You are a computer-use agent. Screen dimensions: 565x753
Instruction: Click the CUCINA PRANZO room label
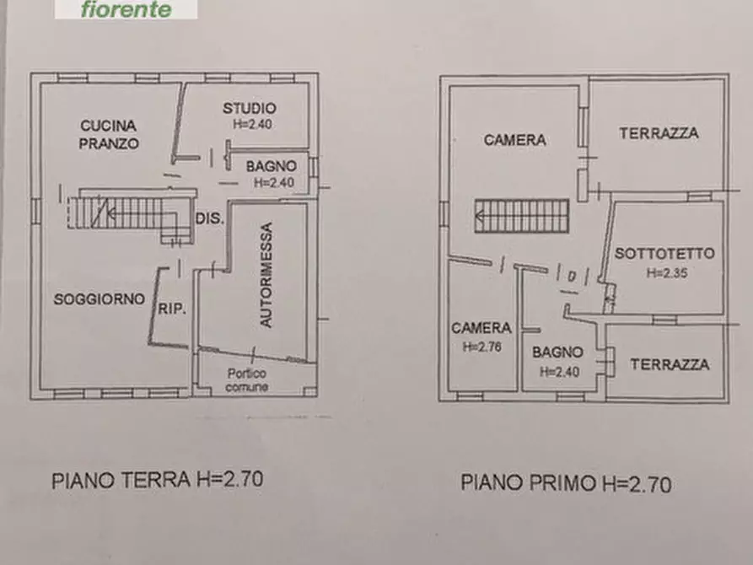pos(109,134)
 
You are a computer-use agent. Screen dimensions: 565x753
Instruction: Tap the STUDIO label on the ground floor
pos(249,108)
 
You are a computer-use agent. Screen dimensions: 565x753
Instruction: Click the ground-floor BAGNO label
pos(271,166)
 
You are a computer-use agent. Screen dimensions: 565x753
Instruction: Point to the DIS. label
pos(209,218)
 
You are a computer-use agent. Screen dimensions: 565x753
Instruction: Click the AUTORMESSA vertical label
pos(266,275)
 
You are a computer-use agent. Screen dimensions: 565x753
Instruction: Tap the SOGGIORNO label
pos(100,299)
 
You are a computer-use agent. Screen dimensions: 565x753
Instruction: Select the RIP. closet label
pos(172,308)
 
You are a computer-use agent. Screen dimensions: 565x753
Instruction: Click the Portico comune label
pos(246,380)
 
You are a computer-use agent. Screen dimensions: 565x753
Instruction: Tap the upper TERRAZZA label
pos(659,133)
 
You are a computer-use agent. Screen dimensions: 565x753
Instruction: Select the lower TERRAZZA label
pos(670,364)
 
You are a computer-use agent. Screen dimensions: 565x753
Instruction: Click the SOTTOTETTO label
pos(664,253)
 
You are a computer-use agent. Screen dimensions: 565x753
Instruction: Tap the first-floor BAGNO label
pos(557,352)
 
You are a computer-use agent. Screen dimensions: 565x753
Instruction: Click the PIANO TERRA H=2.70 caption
pos(158,480)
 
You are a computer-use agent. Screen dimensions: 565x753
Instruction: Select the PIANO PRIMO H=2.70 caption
pos(566,483)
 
